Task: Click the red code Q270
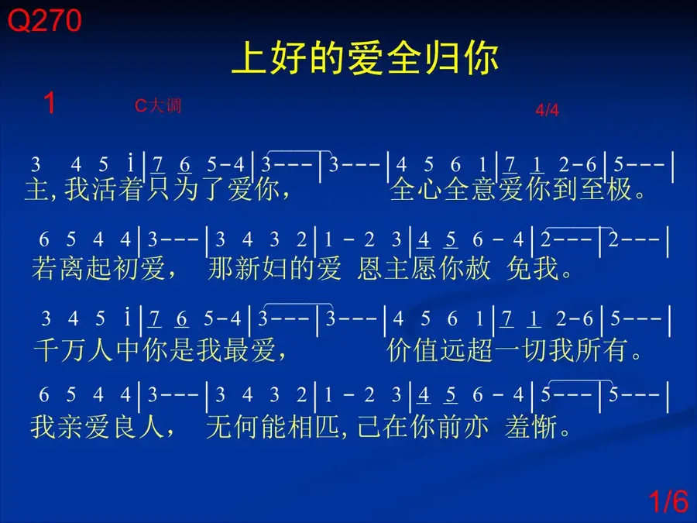44,20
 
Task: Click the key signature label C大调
158,105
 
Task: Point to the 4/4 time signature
547,109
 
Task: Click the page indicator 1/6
668,501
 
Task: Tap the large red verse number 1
50,103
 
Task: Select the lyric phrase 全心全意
443,188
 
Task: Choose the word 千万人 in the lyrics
73,349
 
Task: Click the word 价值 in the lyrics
413,349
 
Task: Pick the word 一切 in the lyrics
520,349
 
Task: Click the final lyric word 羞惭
530,426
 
